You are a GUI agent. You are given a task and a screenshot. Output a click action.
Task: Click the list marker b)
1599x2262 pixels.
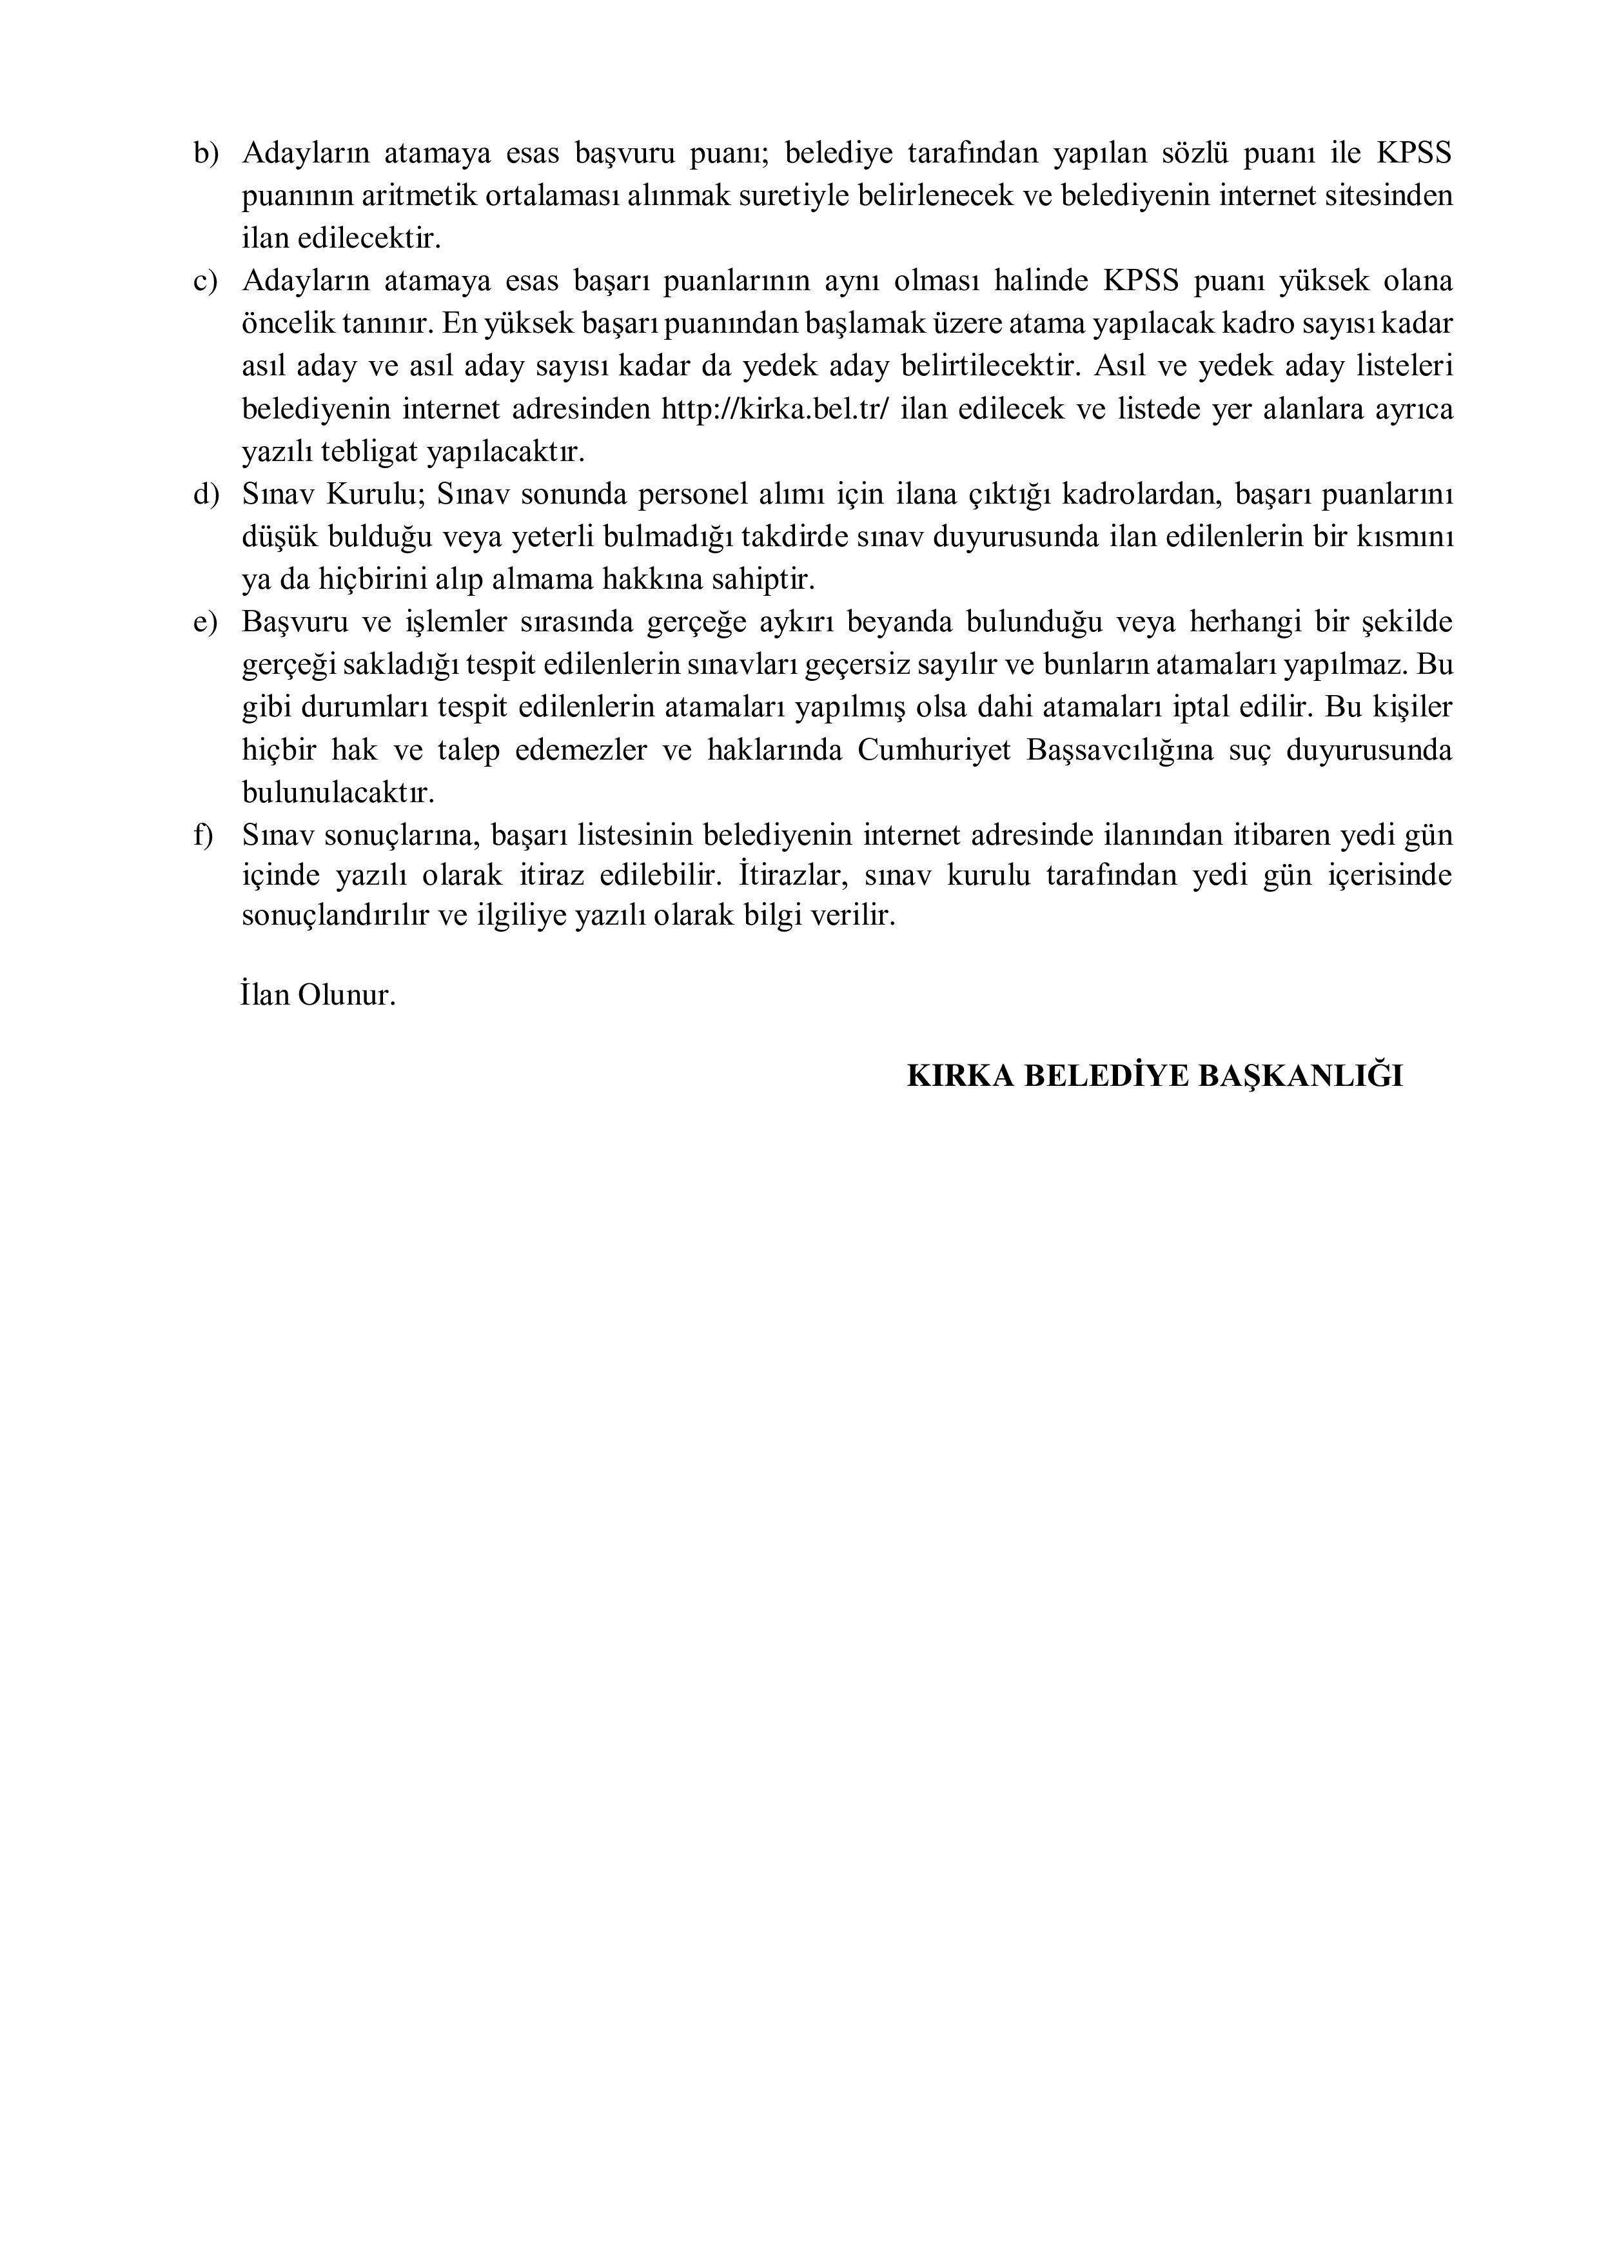[205, 153]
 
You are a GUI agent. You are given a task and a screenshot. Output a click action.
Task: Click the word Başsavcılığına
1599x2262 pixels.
[1118, 751]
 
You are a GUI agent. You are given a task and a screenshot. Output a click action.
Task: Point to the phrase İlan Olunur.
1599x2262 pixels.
[317, 994]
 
